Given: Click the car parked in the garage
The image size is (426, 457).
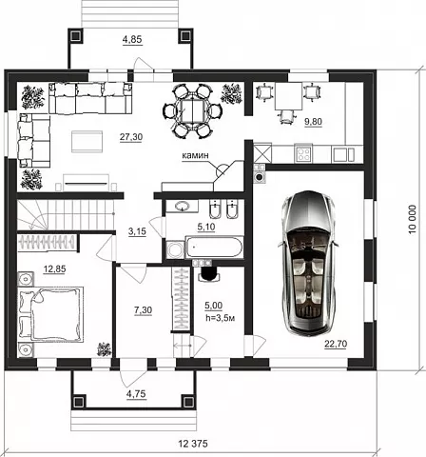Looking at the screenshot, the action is (x=307, y=263).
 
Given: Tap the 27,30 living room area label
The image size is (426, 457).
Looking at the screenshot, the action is (x=131, y=137).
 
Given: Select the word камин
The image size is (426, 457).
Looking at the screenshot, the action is (x=196, y=155).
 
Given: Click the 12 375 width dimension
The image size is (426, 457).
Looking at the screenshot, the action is (x=193, y=444).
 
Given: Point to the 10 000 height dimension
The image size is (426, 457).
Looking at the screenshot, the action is (x=412, y=220).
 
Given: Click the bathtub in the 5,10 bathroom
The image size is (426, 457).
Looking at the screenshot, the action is (x=214, y=247).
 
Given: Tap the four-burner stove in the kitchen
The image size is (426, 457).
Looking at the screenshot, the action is (x=303, y=153).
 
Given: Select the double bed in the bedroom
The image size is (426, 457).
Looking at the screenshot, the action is (x=51, y=314).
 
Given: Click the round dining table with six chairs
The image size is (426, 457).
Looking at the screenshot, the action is (x=192, y=110).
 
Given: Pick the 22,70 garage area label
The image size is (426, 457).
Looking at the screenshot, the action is (x=336, y=344).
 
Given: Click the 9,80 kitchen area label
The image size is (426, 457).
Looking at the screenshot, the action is (x=313, y=122).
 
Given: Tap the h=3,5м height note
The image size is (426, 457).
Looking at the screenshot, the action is (x=220, y=318).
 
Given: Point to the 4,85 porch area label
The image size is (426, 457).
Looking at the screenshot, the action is (x=132, y=40).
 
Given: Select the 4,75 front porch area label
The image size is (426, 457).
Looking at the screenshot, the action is (x=136, y=394).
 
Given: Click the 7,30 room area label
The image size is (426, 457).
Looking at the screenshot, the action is (x=143, y=310).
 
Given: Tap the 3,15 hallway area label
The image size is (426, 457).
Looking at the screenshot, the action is (x=137, y=231).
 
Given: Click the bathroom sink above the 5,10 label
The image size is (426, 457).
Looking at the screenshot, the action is (x=182, y=207).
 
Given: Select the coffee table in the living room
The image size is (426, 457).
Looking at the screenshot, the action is (x=87, y=142).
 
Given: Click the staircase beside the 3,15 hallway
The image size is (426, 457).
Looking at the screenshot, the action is (x=66, y=214).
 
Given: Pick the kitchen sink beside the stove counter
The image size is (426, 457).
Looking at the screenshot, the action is (x=343, y=154).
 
